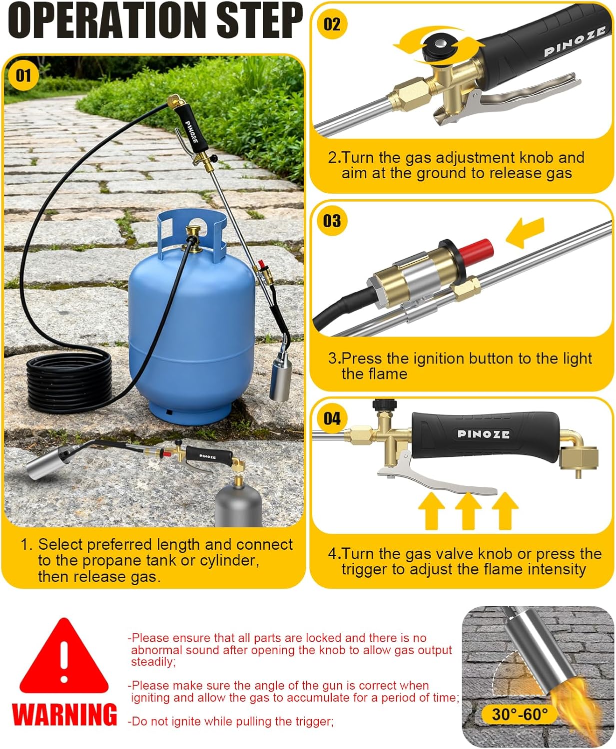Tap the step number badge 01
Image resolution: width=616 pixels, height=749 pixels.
point(23,75)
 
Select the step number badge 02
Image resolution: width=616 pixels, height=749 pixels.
point(332,23)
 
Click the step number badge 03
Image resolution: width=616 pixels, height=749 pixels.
point(332,220)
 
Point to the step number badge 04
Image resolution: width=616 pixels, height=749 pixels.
point(332,418)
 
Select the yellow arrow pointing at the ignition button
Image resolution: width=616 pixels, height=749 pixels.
point(525,232)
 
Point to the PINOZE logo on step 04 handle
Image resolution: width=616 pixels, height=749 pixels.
point(483,434)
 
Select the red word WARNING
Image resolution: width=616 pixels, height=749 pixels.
point(64,714)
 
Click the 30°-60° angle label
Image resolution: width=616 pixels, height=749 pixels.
point(520,714)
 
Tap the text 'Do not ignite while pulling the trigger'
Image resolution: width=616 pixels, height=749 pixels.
point(231,721)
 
